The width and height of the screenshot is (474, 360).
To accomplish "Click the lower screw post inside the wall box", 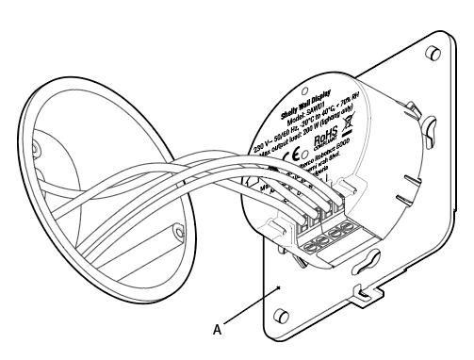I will (x=178, y=226).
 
